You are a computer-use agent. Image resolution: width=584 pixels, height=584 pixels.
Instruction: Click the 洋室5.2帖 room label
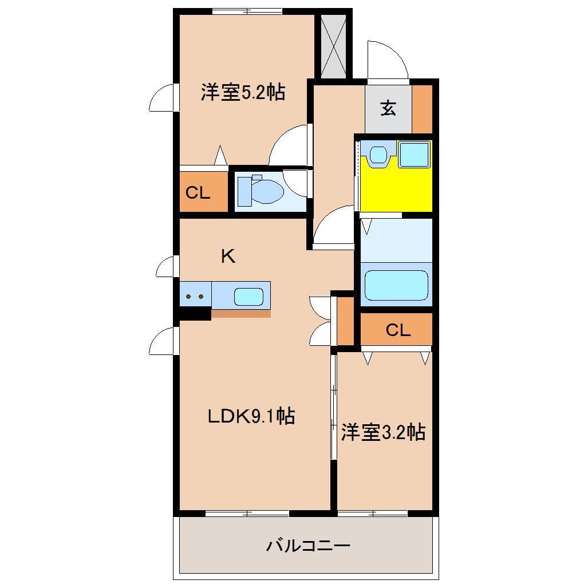(x=243, y=92)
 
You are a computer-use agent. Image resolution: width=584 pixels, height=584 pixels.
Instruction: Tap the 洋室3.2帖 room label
(x=383, y=432)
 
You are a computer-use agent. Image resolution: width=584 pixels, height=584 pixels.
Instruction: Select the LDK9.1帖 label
(x=251, y=416)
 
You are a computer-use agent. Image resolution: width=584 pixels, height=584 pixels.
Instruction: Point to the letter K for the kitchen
(x=228, y=257)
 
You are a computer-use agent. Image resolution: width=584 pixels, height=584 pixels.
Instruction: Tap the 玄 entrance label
(x=388, y=108)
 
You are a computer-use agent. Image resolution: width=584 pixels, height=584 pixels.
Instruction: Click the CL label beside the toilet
(x=198, y=193)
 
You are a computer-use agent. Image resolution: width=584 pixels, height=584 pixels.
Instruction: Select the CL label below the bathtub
(x=397, y=330)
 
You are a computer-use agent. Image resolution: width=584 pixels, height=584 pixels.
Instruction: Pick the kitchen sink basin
(x=248, y=297)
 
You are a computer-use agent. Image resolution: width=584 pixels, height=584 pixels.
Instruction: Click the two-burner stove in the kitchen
(x=195, y=297)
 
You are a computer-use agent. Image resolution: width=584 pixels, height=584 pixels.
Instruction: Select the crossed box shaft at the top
(x=334, y=46)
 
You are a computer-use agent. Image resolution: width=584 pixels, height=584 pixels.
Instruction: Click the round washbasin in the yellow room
(x=377, y=154)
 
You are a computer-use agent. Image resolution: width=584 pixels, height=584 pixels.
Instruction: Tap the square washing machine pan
(x=414, y=154)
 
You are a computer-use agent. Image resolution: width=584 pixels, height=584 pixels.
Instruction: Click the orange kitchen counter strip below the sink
(x=240, y=313)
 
